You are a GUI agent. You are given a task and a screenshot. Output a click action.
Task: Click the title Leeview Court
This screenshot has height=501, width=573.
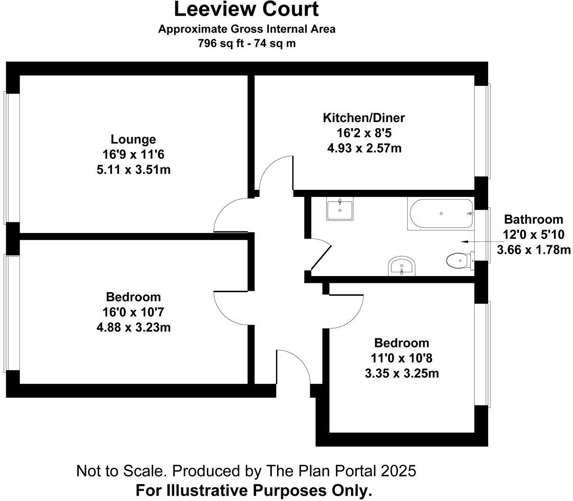click(x=246, y=9)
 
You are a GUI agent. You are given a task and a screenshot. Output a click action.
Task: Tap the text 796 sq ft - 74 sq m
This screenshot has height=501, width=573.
click(x=246, y=43)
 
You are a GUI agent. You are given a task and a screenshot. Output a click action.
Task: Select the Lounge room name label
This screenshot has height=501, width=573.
click(x=133, y=139)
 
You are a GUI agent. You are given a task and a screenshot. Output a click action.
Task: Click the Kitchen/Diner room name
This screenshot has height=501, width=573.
click(x=364, y=118)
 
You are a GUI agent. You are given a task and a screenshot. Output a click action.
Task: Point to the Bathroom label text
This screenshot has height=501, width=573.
click(x=533, y=220)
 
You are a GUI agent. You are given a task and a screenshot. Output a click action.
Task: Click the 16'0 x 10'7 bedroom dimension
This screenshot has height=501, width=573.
click(x=133, y=312)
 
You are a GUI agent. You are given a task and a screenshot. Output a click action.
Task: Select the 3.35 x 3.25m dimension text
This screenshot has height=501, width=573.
click(x=402, y=373)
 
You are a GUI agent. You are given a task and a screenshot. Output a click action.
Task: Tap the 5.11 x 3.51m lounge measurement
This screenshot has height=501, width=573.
click(x=133, y=169)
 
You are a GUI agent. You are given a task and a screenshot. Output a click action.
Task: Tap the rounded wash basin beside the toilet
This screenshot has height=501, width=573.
click(x=402, y=266)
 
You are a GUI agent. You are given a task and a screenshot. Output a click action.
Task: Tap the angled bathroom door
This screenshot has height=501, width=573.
click(x=320, y=257)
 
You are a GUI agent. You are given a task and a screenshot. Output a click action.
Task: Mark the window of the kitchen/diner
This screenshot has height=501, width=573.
click(x=483, y=131)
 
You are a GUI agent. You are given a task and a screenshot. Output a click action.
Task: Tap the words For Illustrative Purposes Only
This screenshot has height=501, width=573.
click(x=253, y=490)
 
